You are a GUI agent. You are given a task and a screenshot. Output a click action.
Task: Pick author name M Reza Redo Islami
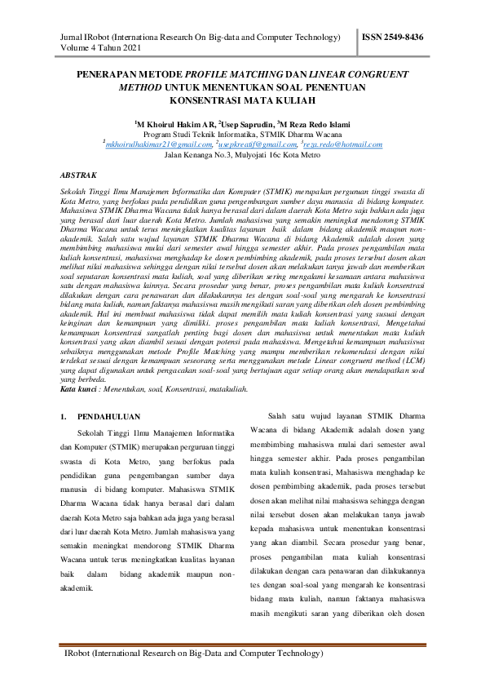tap(313, 122)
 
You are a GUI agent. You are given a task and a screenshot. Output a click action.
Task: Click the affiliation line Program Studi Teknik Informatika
tap(241, 133)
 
